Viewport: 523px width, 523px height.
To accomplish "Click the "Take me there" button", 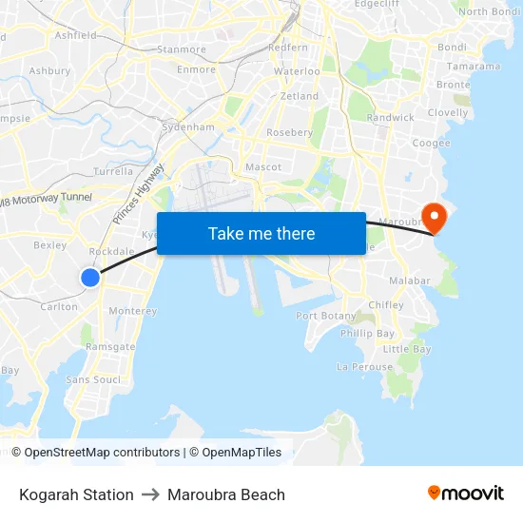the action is [x=261, y=233].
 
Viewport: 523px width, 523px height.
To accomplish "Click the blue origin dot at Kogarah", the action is [x=89, y=278].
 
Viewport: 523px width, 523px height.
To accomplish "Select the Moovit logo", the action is [x=466, y=494].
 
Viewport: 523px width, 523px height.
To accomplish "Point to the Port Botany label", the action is [x=326, y=316].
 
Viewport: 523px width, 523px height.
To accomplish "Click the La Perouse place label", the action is [x=364, y=366].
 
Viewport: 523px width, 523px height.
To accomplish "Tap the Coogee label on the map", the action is [x=431, y=143].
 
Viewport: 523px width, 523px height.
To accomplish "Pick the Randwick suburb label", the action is [x=390, y=118].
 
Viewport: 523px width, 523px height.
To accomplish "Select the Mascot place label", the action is [x=263, y=167].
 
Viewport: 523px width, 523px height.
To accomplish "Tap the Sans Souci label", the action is [x=93, y=379].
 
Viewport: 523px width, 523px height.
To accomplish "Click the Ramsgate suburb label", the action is [x=110, y=347].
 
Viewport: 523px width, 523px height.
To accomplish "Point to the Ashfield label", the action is [x=76, y=35].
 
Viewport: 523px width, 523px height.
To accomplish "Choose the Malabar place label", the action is [x=410, y=281].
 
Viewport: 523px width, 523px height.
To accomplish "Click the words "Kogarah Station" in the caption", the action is [x=76, y=494].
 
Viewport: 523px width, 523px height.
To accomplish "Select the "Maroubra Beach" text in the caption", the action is [x=226, y=494].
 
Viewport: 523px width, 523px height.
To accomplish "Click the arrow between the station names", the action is [x=150, y=494].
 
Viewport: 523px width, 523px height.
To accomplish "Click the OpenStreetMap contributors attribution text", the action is [x=102, y=453].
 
